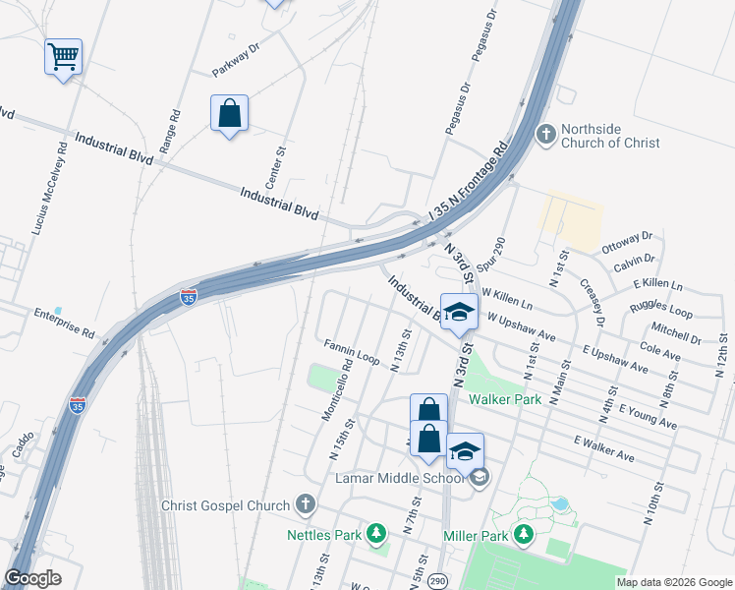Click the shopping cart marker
[x=63, y=57]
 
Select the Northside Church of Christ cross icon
[x=545, y=133]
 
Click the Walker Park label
[x=504, y=399]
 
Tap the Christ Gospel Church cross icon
[x=305, y=505]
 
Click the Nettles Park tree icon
[x=375, y=534]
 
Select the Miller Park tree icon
[x=524, y=535]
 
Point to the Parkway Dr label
[x=235, y=60]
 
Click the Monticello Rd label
[x=337, y=390]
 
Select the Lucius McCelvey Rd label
[x=50, y=189]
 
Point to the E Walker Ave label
[x=606, y=451]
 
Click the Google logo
[x=32, y=578]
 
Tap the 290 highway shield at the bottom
[x=437, y=581]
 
